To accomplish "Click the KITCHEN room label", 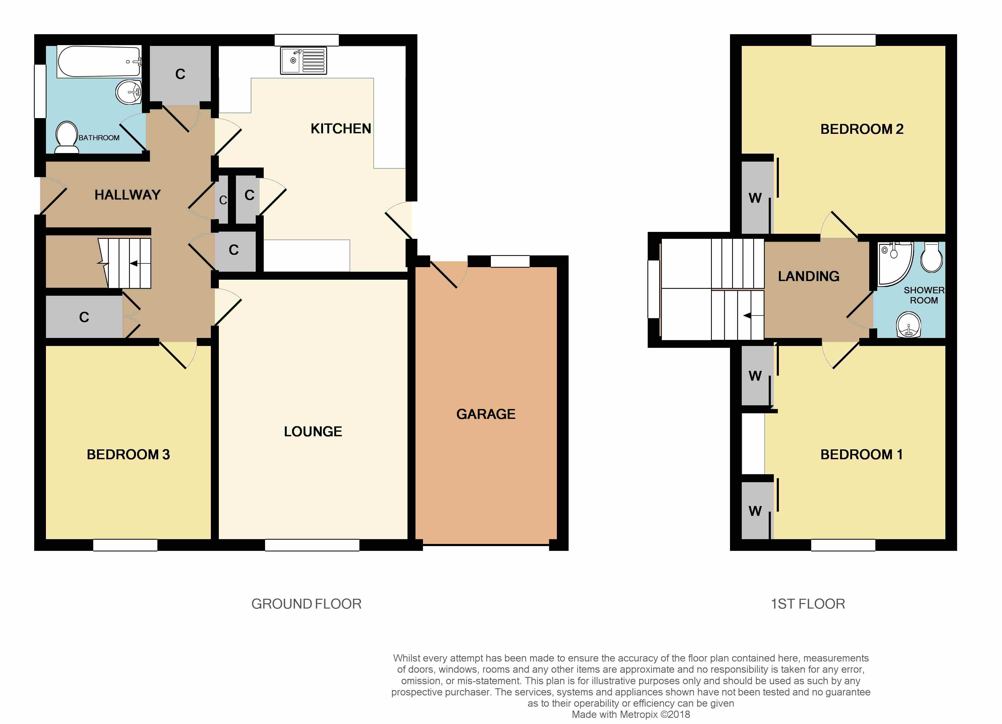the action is click(x=341, y=129).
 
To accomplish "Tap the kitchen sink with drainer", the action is click(x=304, y=61).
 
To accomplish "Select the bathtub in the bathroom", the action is click(x=99, y=61).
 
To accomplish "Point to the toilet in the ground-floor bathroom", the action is click(x=67, y=137).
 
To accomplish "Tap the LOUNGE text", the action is click(x=313, y=431).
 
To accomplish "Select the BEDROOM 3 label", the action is click(x=128, y=454).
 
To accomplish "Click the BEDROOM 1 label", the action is click(x=861, y=454).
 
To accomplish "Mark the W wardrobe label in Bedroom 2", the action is click(x=755, y=198).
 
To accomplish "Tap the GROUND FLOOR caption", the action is click(x=306, y=604).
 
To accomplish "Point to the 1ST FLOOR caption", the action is click(x=808, y=604).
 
